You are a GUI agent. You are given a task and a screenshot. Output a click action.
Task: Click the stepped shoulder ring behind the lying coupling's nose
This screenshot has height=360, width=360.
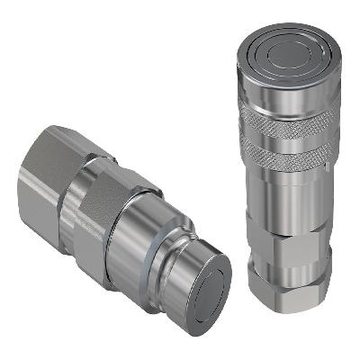click(166, 256)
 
